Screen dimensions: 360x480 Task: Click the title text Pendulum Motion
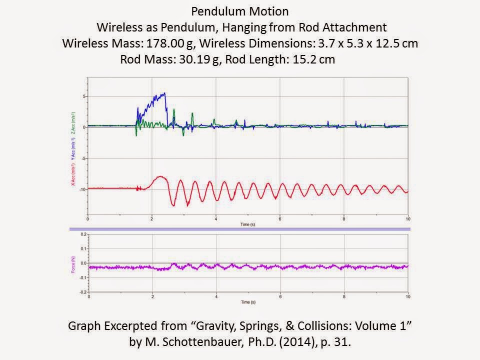[x=239, y=11]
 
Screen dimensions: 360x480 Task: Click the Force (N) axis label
[x=73, y=263]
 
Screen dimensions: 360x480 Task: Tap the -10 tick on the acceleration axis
[x=82, y=189]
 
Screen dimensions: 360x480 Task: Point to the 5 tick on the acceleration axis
[x=84, y=96]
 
